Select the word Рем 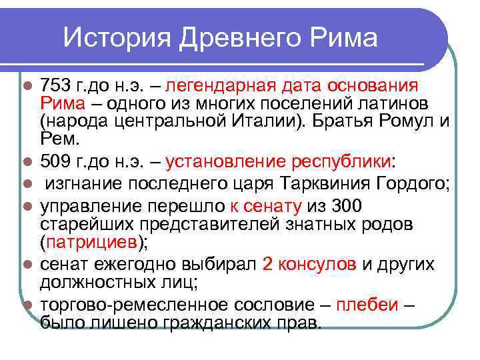(59, 140)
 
